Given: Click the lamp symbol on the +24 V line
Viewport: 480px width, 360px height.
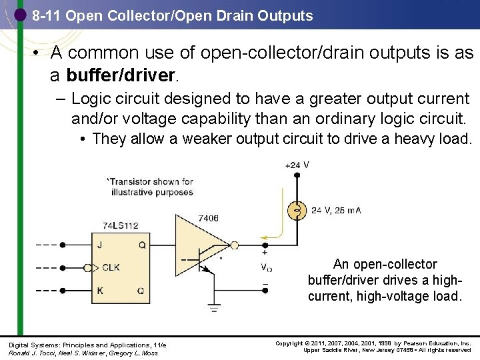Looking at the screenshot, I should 296,211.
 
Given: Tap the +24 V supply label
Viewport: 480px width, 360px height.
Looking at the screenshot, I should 296,165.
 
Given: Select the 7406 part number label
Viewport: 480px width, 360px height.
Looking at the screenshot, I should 208,217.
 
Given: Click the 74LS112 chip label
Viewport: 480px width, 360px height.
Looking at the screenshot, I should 120,226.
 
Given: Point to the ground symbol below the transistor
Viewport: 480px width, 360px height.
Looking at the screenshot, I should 213,307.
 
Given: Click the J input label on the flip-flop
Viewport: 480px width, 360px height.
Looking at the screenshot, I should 99,245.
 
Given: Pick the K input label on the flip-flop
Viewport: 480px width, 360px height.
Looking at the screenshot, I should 99,291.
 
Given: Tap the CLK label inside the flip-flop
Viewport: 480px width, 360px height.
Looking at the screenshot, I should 110,268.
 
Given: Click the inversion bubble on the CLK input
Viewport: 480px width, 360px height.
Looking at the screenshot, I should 87,268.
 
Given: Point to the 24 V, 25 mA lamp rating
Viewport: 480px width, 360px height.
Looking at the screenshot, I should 336,211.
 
